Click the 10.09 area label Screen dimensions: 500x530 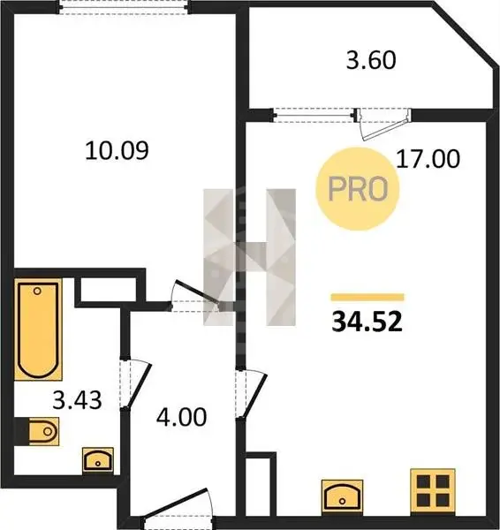pyautogui.click(x=117, y=151)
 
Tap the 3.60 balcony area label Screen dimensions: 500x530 pyautogui.click(x=371, y=60)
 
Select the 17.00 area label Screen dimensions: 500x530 pyautogui.click(x=428, y=159)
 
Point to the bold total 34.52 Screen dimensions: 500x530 pyautogui.click(x=367, y=322)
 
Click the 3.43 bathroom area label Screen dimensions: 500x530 pyautogui.click(x=77, y=400)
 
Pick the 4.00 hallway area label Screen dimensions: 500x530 pyautogui.click(x=181, y=417)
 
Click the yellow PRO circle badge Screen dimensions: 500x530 pyautogui.click(x=358, y=189)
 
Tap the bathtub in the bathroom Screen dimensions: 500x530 pyautogui.click(x=38, y=329)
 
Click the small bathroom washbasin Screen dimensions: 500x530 pyautogui.click(x=98, y=459)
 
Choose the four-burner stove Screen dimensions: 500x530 pyautogui.click(x=433, y=492)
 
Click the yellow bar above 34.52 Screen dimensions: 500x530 pyautogui.click(x=367, y=297)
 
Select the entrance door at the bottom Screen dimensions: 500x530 pyautogui.click(x=178, y=506)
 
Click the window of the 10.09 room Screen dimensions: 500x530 pyautogui.click(x=124, y=7)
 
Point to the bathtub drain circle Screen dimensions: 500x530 pyautogui.click(x=37, y=291)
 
